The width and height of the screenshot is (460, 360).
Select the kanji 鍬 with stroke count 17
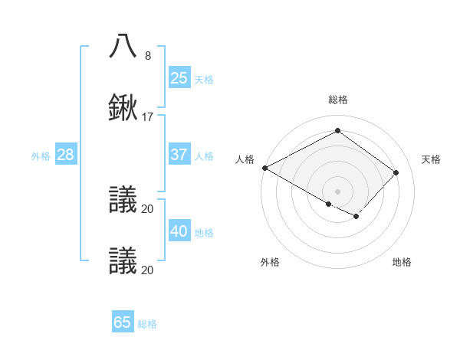(123, 108)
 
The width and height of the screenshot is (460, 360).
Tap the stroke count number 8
(147, 55)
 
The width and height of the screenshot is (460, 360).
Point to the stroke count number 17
(148, 117)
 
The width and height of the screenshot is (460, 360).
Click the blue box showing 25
(179, 77)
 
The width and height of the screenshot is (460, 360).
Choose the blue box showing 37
(179, 155)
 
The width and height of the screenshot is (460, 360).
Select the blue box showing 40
(179, 231)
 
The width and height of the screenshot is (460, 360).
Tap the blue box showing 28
(65, 155)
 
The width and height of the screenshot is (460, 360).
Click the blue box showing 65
(123, 322)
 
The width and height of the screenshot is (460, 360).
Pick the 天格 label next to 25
(204, 79)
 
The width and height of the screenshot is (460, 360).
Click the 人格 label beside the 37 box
(204, 156)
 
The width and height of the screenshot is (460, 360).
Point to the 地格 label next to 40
(204, 233)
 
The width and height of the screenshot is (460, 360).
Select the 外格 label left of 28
(41, 156)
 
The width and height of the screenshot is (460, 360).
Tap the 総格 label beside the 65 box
(147, 324)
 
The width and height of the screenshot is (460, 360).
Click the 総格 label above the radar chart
(337, 100)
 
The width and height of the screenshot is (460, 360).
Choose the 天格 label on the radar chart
(432, 159)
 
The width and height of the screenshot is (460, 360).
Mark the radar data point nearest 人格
(264, 168)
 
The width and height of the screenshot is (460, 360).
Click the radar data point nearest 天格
(396, 172)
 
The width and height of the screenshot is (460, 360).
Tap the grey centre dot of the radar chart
(337, 191)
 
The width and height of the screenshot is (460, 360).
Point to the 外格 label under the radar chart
(270, 262)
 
